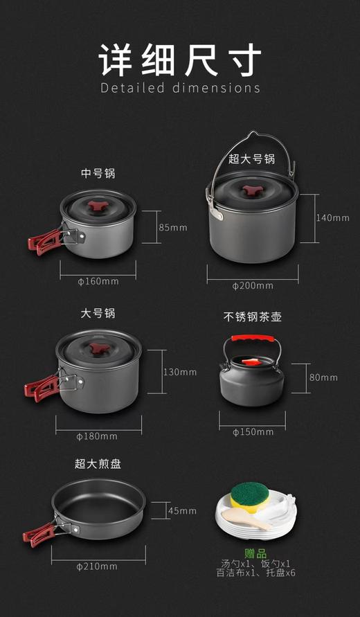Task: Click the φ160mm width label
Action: (x=98, y=280)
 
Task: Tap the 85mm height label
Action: (x=173, y=227)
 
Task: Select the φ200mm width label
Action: (x=252, y=285)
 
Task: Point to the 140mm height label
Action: (x=333, y=217)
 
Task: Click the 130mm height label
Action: (x=180, y=372)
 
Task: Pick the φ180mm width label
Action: (x=97, y=436)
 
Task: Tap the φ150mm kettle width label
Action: (x=253, y=431)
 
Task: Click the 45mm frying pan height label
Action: (x=182, y=510)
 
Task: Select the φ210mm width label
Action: (x=97, y=566)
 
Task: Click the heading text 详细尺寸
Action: (x=180, y=58)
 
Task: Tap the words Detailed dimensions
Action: (x=180, y=88)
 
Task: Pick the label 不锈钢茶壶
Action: (x=252, y=316)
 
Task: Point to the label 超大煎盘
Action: (x=98, y=463)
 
